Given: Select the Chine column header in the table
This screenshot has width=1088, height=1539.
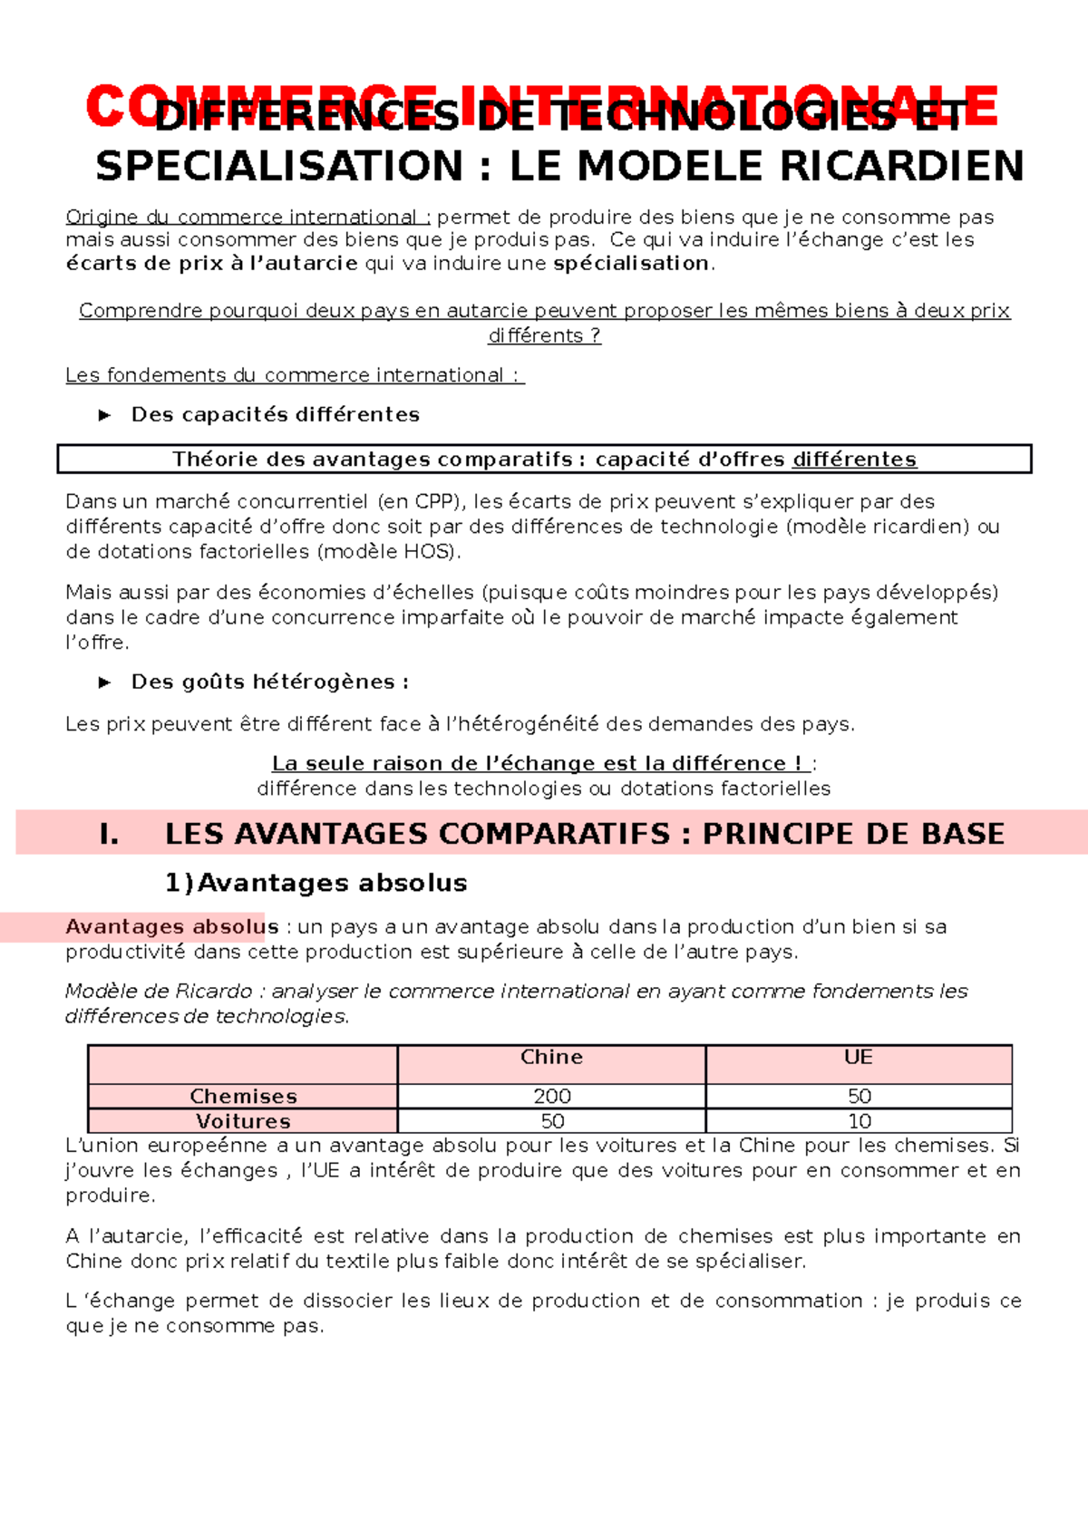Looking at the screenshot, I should (551, 1058).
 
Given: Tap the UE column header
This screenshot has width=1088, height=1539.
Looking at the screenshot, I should (858, 1058).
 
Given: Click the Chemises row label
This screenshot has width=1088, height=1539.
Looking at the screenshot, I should (243, 1097).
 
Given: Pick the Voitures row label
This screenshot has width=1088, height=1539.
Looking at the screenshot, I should (243, 1122).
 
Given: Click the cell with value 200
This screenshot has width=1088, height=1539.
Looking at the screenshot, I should (551, 1097).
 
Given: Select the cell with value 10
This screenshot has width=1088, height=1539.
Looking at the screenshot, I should (859, 1122).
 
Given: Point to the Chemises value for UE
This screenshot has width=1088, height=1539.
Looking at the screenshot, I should (859, 1097).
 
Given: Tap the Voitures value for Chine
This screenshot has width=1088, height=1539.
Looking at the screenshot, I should (551, 1122).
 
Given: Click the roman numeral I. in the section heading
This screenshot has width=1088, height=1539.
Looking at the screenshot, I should (110, 834).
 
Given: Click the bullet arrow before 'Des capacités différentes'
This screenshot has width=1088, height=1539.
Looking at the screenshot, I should (104, 415).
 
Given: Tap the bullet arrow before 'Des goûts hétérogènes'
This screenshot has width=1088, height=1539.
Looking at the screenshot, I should (104, 682).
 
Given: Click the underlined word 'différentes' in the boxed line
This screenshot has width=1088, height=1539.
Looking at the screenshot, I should (854, 460).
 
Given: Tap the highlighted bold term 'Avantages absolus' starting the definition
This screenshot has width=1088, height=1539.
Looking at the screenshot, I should (171, 927).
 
